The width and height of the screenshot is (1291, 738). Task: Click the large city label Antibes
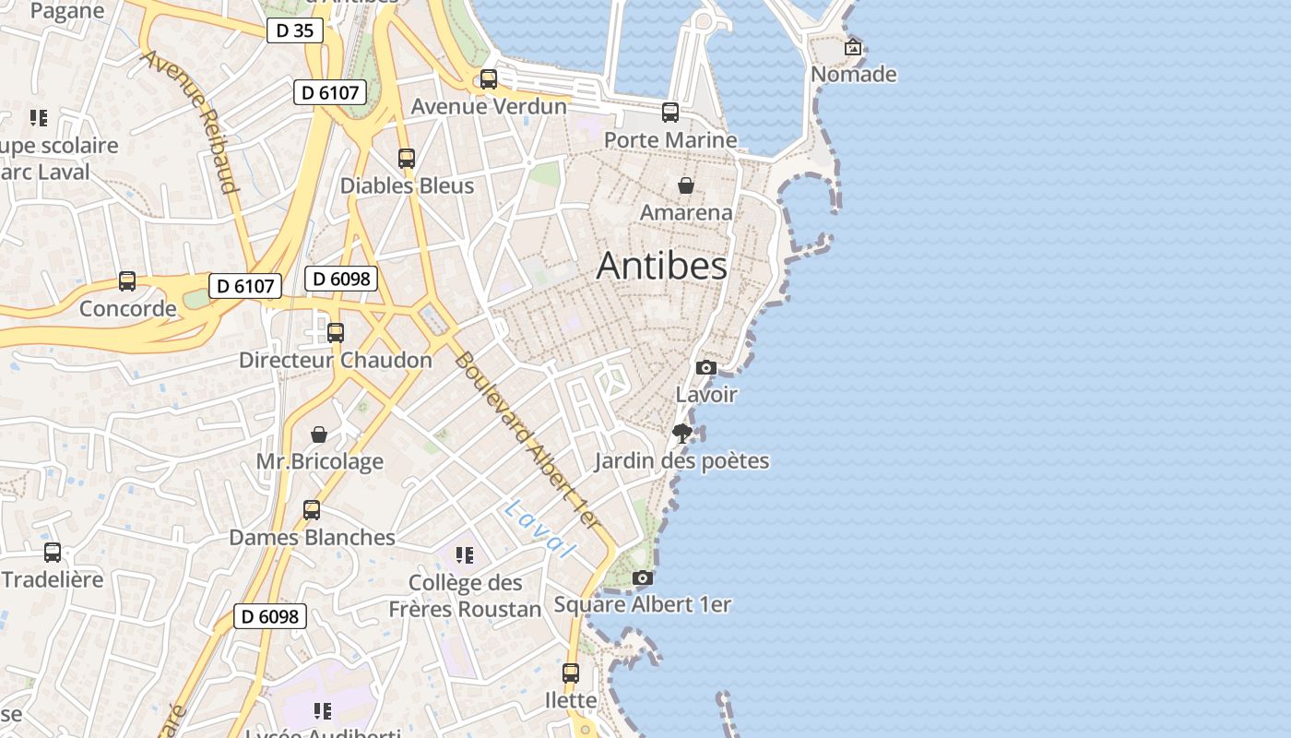[661, 266]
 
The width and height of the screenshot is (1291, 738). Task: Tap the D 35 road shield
[295, 30]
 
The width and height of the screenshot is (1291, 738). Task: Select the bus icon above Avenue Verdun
[489, 79]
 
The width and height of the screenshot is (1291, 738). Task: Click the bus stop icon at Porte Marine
[670, 113]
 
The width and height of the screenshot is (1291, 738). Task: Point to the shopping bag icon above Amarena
[686, 185]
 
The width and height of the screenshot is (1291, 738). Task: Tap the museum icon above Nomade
[853, 46]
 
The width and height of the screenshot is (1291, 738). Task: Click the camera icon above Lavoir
[706, 367]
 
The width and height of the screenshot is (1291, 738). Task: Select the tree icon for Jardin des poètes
[682, 433]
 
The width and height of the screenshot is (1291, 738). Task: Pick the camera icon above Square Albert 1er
[643, 577]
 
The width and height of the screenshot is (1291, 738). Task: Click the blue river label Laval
[540, 529]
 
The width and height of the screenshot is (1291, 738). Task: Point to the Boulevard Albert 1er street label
[527, 441]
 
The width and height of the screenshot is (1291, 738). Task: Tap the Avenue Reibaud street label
[191, 122]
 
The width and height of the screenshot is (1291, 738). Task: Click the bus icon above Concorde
[127, 281]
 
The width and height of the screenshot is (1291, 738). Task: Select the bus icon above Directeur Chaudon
[336, 333]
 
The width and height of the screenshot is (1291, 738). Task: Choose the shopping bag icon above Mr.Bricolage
[319, 434]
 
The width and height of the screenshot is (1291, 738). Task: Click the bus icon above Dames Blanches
[312, 510]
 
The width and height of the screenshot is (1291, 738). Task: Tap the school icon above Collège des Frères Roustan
[465, 554]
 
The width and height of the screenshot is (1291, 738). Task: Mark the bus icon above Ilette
[571, 673]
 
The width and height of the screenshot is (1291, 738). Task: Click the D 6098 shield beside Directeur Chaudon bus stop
[341, 279]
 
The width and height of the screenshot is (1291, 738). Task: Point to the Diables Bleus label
[407, 185]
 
